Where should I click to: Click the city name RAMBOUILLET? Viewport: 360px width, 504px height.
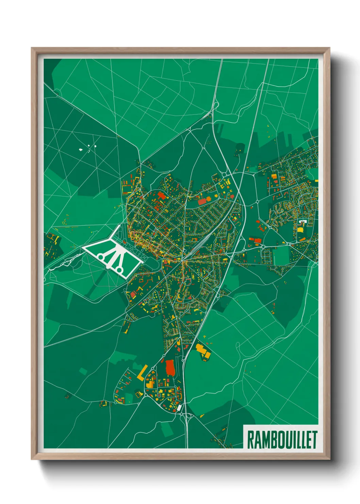pos(282,440)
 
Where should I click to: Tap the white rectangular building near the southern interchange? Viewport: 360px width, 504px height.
pos(179,408)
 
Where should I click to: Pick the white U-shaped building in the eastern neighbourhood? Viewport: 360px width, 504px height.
pos(302,222)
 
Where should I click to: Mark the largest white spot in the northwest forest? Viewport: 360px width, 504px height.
pos(81,149)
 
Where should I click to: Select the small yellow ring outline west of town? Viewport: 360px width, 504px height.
pos(64,222)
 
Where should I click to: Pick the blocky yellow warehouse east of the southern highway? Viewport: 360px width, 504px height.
pos(203,351)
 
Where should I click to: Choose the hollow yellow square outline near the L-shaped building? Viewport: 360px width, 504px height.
pos(138,394)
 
